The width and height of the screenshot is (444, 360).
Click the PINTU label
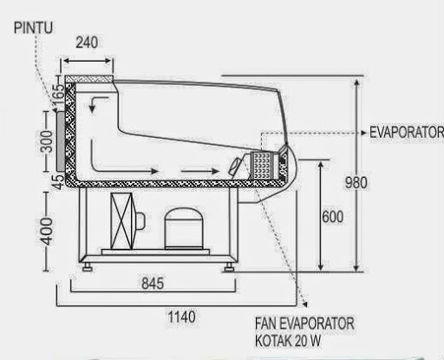(33, 28)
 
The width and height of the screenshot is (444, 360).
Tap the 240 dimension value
(87, 43)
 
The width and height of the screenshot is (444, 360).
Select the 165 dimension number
(59, 90)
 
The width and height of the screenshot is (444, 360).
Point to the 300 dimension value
(47, 141)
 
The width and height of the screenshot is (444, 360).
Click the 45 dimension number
(59, 182)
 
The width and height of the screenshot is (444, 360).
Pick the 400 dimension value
(47, 232)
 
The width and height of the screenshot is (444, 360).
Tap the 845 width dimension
(153, 284)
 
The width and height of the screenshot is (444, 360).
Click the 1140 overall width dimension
(181, 317)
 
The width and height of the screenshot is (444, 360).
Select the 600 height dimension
(333, 217)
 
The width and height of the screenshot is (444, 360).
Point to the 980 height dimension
(356, 183)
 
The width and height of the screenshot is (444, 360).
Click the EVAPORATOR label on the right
(406, 133)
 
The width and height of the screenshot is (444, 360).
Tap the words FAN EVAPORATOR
(304, 324)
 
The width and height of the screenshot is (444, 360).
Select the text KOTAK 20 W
(288, 341)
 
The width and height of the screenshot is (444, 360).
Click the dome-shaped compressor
(184, 228)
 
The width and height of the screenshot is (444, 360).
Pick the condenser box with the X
(121, 221)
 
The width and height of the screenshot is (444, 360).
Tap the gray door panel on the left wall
(61, 141)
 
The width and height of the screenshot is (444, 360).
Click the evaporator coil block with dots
(262, 165)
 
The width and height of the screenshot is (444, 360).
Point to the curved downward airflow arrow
(97, 104)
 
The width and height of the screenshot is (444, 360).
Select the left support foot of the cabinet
(88, 267)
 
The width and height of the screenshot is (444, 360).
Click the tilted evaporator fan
(235, 167)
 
